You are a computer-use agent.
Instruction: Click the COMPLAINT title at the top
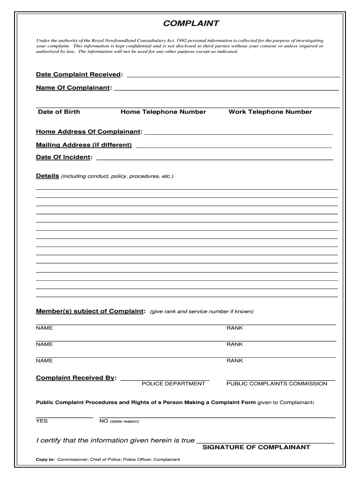[x=191, y=23]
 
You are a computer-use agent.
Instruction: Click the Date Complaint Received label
[x=79, y=75]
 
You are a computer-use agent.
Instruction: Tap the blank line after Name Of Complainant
[x=226, y=89]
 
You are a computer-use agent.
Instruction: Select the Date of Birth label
[x=59, y=112]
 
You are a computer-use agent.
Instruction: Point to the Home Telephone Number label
[x=163, y=112]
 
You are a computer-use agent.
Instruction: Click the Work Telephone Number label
[x=270, y=112]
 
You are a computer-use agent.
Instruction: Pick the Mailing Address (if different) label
[x=84, y=145]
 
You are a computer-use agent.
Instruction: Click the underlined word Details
[x=47, y=176]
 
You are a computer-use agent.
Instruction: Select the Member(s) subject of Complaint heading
[x=91, y=312]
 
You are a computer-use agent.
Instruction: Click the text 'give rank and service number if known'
[x=202, y=312]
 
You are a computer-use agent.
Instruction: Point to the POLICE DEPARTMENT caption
[x=173, y=384]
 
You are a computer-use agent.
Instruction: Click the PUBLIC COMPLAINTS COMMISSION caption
[x=277, y=384]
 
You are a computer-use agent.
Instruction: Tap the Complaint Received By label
[x=76, y=378]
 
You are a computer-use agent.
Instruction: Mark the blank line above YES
[x=65, y=416]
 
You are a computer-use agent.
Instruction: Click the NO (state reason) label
[x=119, y=421]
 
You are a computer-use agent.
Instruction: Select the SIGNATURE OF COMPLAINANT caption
[x=256, y=447]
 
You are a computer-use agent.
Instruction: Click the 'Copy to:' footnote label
[x=45, y=459]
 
